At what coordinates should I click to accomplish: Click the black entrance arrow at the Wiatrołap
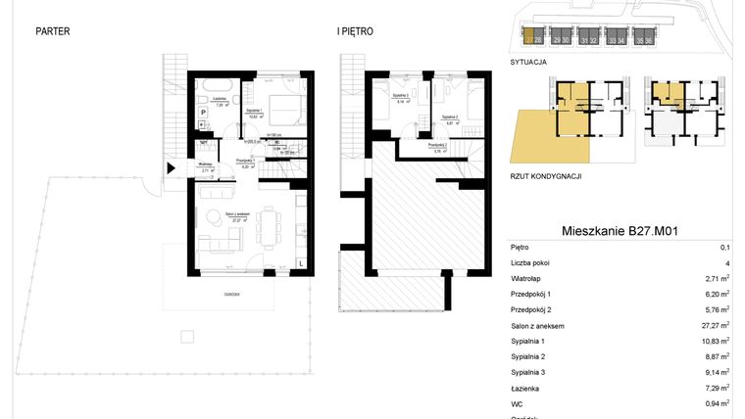tap(173, 167)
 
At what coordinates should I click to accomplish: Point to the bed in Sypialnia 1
tap(284, 106)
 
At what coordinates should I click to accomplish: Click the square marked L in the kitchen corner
tap(300, 263)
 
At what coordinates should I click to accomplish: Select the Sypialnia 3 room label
tap(400, 97)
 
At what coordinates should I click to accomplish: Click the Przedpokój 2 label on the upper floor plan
tap(438, 146)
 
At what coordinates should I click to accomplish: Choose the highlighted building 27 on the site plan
tap(528, 39)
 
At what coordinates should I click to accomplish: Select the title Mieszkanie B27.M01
tap(621, 231)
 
